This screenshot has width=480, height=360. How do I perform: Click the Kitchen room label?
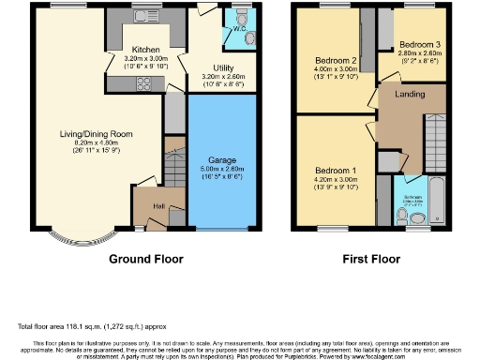point(143,50)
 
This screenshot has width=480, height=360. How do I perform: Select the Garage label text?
point(223,161)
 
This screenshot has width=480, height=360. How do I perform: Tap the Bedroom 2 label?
point(335,60)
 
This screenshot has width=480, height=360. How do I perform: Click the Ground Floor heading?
point(146,259)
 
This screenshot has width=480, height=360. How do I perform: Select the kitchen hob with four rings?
point(145,84)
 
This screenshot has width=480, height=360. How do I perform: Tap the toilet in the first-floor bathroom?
point(404,217)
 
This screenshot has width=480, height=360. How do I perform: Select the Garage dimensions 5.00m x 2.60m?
point(223,170)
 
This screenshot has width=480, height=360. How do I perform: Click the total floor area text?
point(82,326)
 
